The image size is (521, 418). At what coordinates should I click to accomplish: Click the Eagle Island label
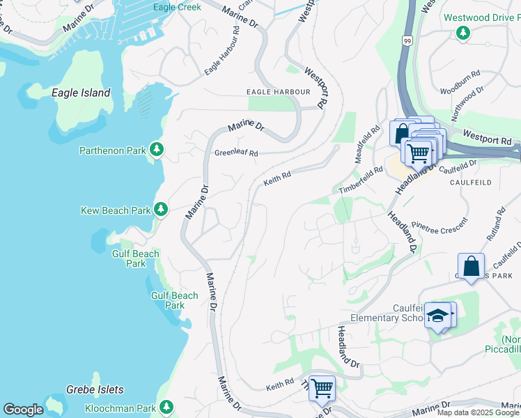pos(81,93)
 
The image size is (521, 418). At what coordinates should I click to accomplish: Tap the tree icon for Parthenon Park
pos(157,149)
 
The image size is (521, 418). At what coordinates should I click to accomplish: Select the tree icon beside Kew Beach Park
pos(161,209)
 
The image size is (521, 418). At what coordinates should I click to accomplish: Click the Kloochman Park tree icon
pos(166,407)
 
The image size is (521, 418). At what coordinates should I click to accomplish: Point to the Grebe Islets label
pos(95,389)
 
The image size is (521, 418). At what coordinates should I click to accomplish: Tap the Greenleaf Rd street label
pos(236,153)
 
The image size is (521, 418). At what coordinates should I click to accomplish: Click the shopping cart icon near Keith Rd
pos(321,387)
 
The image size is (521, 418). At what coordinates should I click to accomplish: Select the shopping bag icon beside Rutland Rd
pos(471,266)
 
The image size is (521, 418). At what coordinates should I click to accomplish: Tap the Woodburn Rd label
pos(460,82)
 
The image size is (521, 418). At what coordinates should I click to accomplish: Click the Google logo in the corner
pos(23,410)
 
